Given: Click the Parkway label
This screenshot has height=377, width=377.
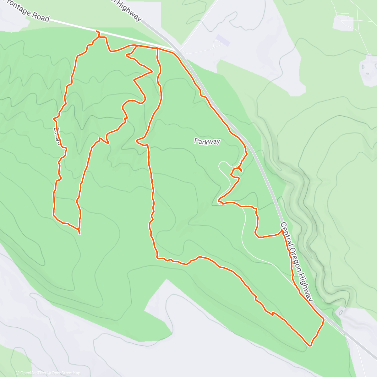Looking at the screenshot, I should [x=207, y=142].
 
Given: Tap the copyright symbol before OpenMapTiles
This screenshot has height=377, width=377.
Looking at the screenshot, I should [x=18, y=373].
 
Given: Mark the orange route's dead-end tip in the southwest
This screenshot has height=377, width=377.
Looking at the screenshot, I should [x=79, y=233].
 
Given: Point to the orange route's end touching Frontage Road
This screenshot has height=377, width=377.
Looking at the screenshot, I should [x=96, y=31].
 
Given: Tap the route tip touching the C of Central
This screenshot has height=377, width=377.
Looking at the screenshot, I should [x=281, y=230].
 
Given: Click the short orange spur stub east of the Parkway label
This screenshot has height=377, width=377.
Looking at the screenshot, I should [x=240, y=170].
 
